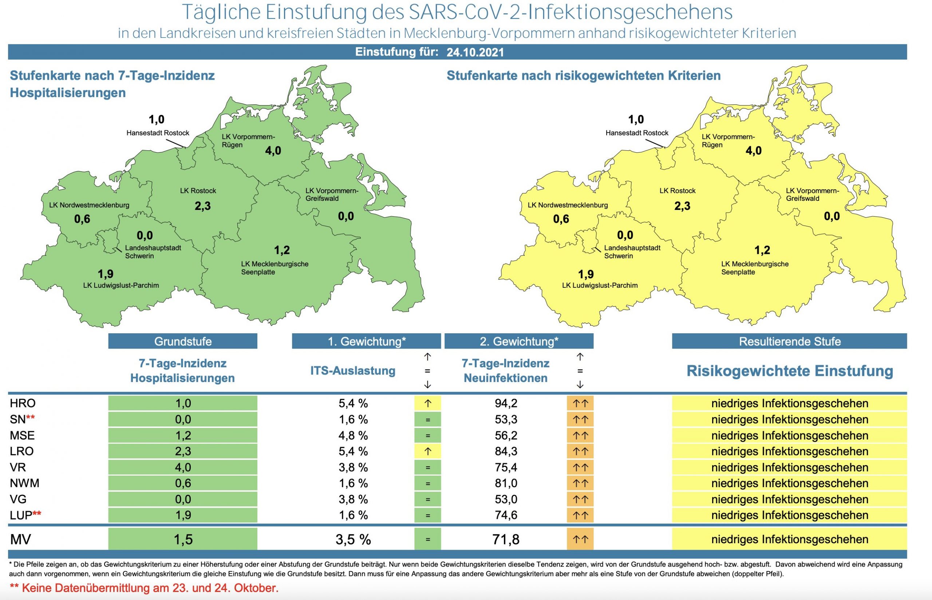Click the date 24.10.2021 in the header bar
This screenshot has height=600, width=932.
click(x=475, y=52)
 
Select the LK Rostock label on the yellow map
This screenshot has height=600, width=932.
click(x=678, y=191)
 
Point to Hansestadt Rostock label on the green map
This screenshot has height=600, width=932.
click(x=158, y=133)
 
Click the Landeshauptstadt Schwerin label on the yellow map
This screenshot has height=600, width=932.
click(x=632, y=252)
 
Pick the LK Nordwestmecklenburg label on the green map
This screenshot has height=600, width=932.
click(x=89, y=205)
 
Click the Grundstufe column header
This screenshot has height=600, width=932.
click(x=182, y=341)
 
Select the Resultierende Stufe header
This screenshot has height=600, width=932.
click(x=789, y=341)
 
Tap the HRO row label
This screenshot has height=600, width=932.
click(x=23, y=403)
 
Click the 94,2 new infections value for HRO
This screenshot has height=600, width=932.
click(x=506, y=403)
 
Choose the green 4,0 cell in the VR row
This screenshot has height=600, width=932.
click(x=182, y=467)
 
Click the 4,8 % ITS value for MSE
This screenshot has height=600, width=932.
click(x=353, y=435)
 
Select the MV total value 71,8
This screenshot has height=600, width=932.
click(x=506, y=539)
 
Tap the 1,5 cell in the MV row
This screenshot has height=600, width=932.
click(x=182, y=539)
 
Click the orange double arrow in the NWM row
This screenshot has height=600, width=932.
click(x=580, y=483)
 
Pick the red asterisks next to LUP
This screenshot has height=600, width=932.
click(x=37, y=514)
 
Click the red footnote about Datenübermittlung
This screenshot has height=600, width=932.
click(x=144, y=588)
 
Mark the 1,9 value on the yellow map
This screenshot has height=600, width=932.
click(x=585, y=274)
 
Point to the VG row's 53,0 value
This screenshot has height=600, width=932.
click(x=506, y=499)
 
